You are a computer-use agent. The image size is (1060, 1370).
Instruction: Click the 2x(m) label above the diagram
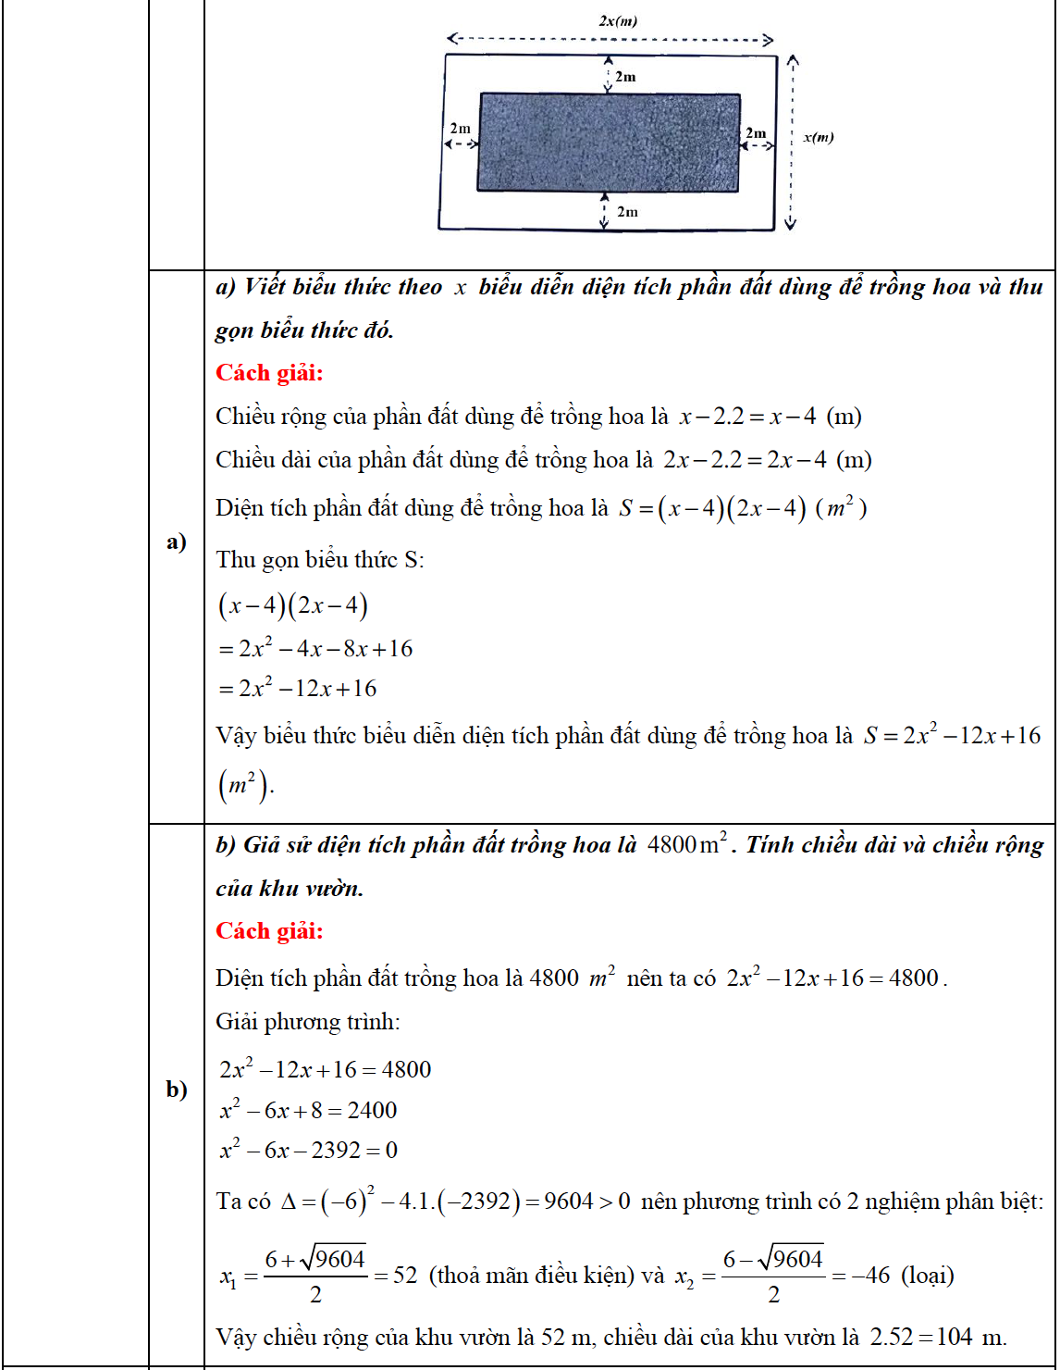618,20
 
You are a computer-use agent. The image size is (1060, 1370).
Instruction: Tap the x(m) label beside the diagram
819,137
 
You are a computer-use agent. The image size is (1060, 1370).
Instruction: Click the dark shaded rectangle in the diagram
609,143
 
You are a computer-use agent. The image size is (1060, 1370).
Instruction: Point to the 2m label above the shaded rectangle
625,77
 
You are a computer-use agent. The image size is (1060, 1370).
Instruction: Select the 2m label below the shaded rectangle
627,212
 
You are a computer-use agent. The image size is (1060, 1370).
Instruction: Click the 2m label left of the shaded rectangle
460,129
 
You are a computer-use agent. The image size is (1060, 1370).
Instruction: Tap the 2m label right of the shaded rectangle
756,133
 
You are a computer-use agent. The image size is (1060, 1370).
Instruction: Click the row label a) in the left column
177,542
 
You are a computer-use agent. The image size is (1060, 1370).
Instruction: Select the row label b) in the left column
177,1089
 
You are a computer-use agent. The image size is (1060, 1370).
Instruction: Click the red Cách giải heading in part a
269,373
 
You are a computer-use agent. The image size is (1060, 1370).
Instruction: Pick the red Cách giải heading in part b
269,931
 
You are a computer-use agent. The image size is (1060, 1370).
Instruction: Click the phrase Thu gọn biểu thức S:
320,560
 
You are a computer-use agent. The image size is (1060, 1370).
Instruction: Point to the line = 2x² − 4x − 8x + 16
315,649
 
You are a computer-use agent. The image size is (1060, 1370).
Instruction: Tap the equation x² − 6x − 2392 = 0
309,1151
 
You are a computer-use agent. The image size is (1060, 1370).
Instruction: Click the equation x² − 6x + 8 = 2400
309,1110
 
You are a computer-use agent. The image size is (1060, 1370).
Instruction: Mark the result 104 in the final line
955,1338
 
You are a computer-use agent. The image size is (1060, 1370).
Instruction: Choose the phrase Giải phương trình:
308,1022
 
